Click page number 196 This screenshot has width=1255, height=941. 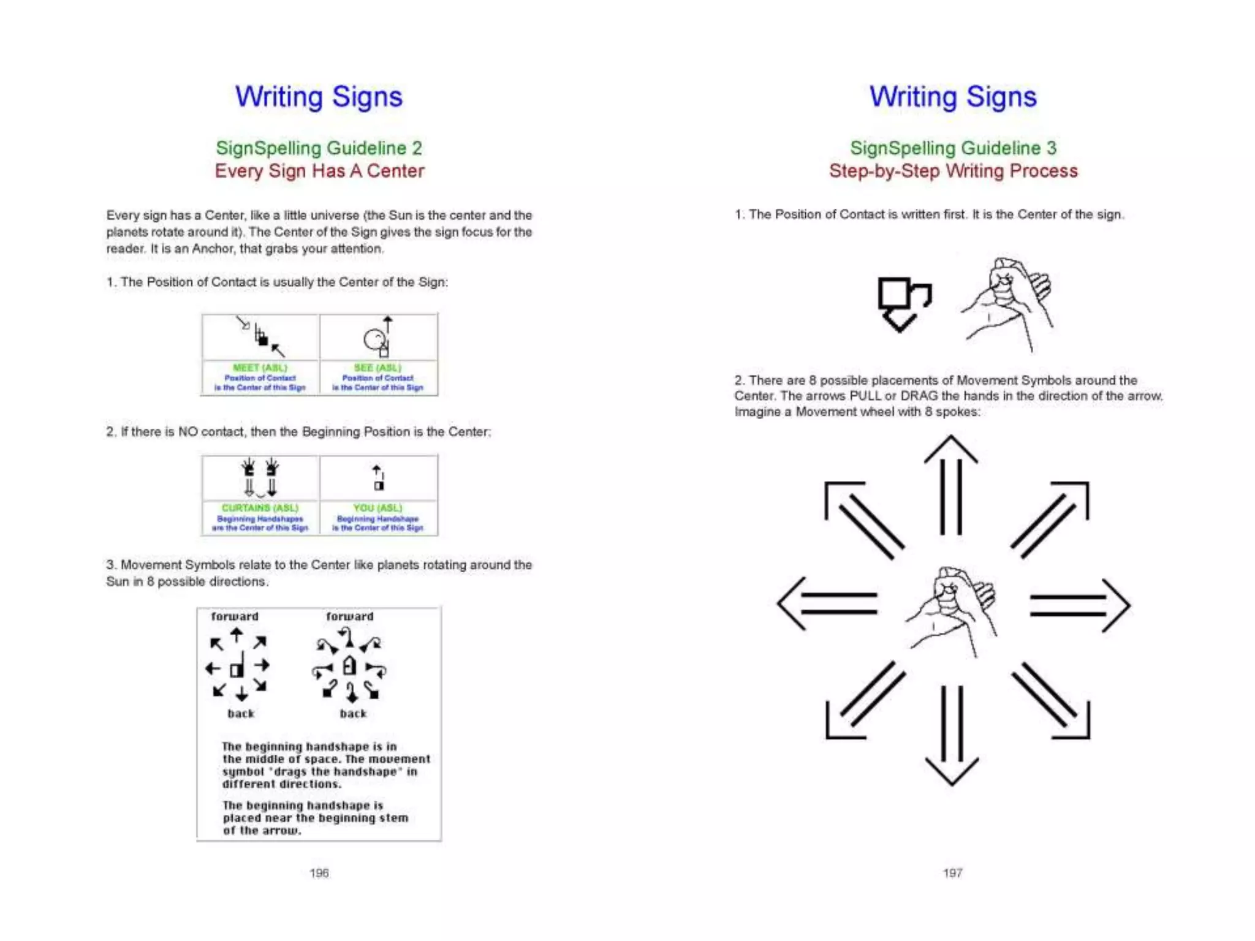(319, 872)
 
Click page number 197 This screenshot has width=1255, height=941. (952, 872)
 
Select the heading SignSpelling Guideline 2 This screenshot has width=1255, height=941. (319, 148)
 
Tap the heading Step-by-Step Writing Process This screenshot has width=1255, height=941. (953, 171)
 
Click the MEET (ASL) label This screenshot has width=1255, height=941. (260, 368)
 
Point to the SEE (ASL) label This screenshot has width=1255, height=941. (377, 368)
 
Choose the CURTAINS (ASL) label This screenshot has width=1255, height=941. (260, 508)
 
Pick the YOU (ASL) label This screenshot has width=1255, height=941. (377, 508)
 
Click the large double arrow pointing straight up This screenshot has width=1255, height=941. (951, 484)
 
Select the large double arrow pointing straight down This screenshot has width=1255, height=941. (952, 735)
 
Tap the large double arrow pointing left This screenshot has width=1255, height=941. (827, 604)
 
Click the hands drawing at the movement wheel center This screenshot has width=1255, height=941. (951, 610)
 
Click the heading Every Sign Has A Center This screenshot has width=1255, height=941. (319, 171)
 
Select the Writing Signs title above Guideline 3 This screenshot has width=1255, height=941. (953, 97)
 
